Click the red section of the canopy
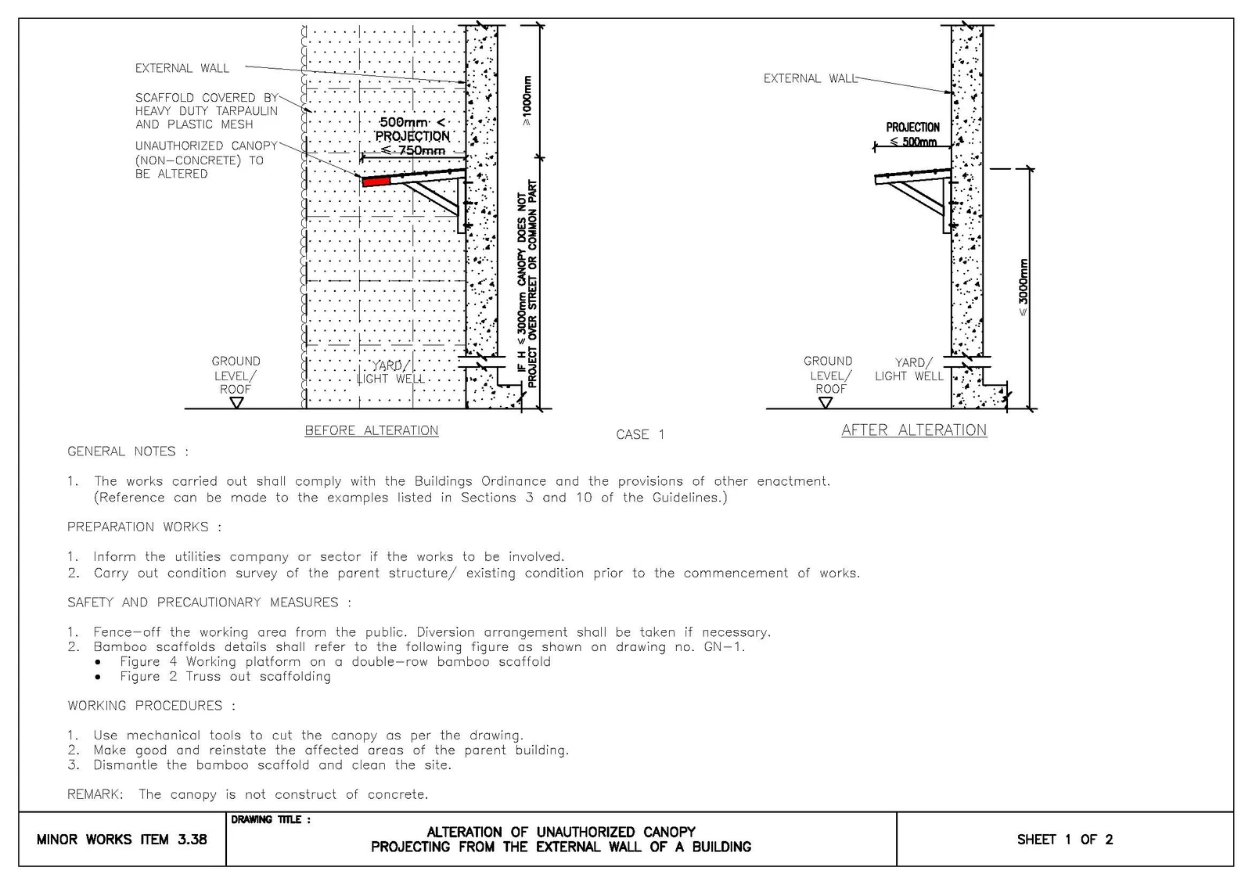point(376,181)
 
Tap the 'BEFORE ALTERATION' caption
point(372,430)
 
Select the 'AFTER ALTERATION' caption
point(914,430)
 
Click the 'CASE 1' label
point(640,434)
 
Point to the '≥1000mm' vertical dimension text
point(527,101)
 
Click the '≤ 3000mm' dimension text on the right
point(1023,288)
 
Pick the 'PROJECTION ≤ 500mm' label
point(912,134)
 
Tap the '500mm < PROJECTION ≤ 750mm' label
point(412,136)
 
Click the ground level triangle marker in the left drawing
point(236,402)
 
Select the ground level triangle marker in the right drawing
point(825,402)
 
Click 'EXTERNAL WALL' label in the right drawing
point(811,78)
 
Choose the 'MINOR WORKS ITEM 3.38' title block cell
point(122,839)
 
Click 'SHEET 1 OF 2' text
point(1065,839)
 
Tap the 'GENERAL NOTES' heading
point(128,451)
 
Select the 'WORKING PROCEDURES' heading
point(152,706)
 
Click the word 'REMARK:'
point(95,794)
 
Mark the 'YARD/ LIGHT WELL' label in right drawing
point(909,369)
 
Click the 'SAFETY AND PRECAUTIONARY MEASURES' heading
point(209,602)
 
